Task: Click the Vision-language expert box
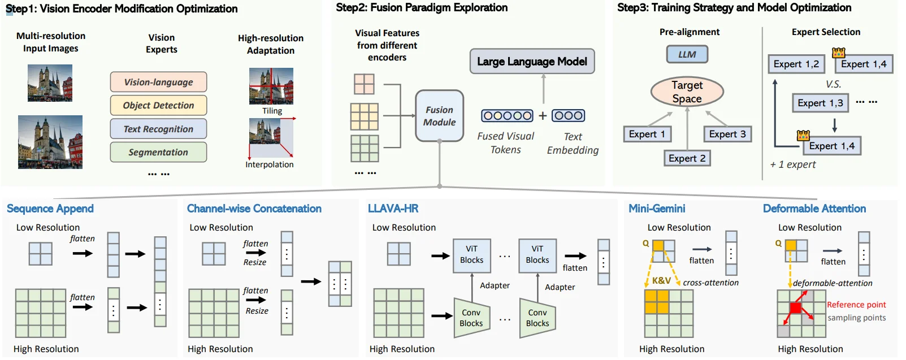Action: (x=158, y=82)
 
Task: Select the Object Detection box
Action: (x=158, y=105)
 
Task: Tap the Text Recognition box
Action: (x=158, y=129)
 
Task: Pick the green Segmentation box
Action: (x=158, y=152)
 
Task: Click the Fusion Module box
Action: (x=439, y=116)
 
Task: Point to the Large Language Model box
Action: (x=532, y=62)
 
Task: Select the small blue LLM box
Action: (x=687, y=54)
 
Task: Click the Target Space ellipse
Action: (x=687, y=92)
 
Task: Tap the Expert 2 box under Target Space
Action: (x=687, y=158)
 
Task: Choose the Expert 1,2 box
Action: (x=796, y=64)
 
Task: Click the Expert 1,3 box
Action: (x=820, y=103)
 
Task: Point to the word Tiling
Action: (x=272, y=111)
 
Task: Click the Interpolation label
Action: (x=270, y=164)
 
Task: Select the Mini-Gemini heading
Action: (x=657, y=209)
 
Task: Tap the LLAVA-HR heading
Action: (x=393, y=209)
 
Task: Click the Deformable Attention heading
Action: (x=814, y=209)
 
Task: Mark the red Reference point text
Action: (x=856, y=305)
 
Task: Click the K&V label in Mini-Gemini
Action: (x=661, y=280)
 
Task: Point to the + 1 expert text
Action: (x=793, y=164)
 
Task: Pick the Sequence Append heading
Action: (x=50, y=209)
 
